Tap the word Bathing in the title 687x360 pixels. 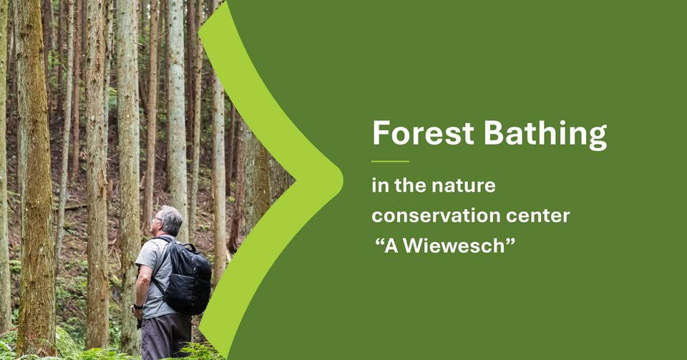point(545,135)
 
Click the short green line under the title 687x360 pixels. point(390,162)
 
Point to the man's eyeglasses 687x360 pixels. point(155,218)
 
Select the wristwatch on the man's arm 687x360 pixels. point(137,306)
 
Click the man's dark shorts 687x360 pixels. point(165,336)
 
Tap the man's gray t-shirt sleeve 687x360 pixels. point(146,255)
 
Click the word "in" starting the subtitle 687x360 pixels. point(380,185)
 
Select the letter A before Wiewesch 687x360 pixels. point(391,245)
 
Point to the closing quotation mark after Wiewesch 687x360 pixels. point(510,241)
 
